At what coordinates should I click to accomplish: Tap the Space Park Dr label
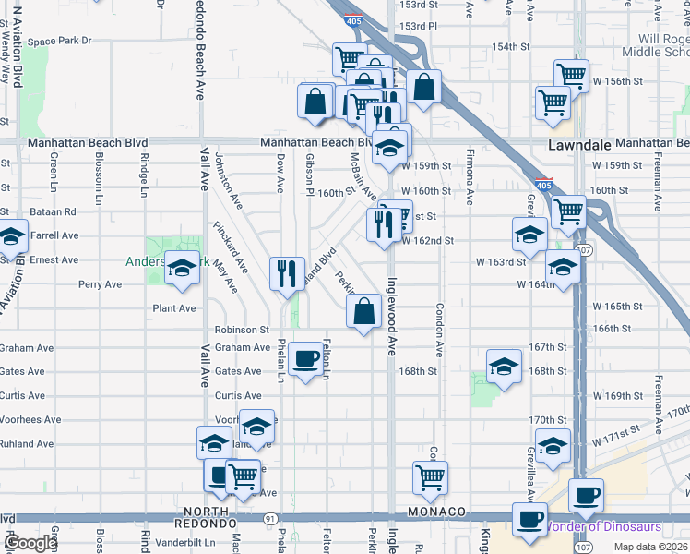[x=60, y=41]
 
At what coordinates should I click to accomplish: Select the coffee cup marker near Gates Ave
[x=305, y=359]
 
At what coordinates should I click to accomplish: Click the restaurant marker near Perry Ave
[x=287, y=273]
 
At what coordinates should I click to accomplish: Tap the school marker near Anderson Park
[x=182, y=269]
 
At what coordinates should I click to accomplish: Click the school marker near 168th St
[x=504, y=368]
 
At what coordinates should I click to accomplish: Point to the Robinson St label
[x=241, y=329]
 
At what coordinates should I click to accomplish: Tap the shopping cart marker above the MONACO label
[x=430, y=477]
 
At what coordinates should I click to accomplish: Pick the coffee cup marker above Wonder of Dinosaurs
[x=586, y=494]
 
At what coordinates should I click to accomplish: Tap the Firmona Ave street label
[x=470, y=176]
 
